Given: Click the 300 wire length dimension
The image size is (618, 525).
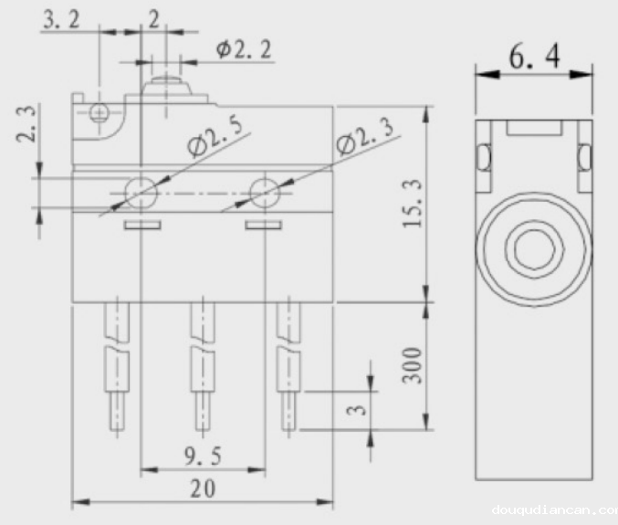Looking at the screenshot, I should coord(412,365).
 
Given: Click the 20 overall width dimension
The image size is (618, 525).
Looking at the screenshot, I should coord(203,488).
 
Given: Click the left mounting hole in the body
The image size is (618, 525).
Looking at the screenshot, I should coord(141,192).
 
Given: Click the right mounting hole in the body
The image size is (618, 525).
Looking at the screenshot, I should coord(265,192).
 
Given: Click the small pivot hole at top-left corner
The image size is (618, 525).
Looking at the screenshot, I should coord(100,112).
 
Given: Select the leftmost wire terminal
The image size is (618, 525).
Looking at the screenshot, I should coord(115,365).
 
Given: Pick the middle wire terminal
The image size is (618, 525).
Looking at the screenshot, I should coord(200,365).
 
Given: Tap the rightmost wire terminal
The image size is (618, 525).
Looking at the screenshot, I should coord(288,365).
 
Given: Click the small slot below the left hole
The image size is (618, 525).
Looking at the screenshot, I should coord(142,224).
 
